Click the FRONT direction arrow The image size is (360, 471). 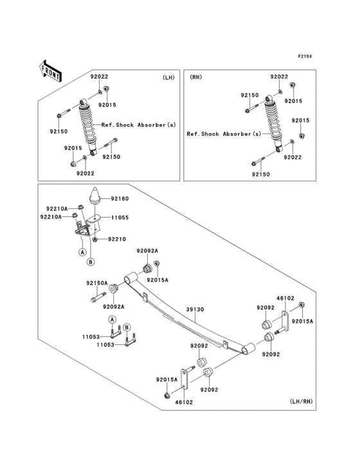pos(50,71)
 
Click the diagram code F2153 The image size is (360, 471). pos(305,56)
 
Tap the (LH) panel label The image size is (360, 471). pos(168,77)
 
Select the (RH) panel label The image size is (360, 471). pos(196,77)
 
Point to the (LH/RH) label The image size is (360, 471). pos(301,402)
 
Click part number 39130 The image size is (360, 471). pos(195,309)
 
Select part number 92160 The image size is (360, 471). pos(120,199)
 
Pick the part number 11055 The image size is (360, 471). pos(120,217)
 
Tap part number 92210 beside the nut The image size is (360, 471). pos(117,239)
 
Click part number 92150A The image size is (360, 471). pos(97,283)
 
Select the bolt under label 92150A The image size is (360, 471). pos(98,297)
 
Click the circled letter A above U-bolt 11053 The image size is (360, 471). pos(113,319)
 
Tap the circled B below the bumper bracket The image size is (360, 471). pos(91,262)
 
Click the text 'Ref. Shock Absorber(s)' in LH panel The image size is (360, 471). pos(139,125)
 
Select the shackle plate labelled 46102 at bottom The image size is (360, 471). pos(184,378)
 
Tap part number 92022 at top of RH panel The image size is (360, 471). pos(279,77)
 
